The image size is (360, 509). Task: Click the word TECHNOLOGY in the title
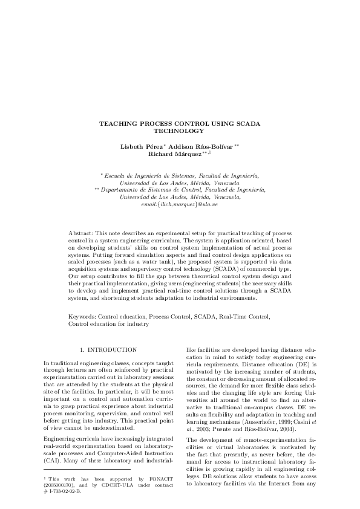(x=180, y=131)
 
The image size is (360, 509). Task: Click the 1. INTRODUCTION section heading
(x=108, y=350)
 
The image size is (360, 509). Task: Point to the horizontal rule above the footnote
(x=87, y=469)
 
